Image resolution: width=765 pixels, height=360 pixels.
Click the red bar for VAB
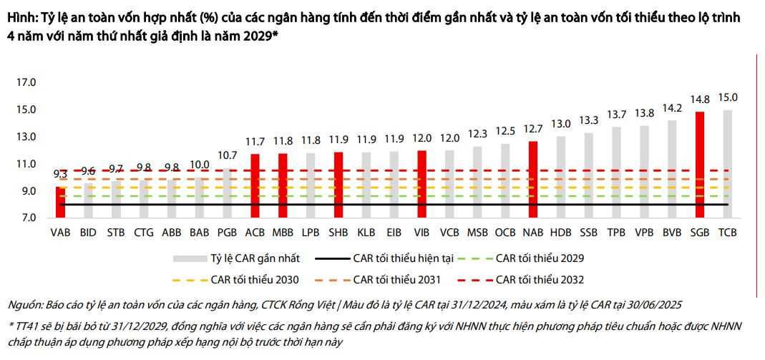click(60, 202)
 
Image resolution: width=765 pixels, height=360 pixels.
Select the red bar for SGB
click(700, 165)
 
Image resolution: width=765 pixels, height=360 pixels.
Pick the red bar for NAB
click(532, 179)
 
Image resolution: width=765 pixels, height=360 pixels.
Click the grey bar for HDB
click(560, 176)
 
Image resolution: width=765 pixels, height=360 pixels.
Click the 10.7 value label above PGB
click(227, 155)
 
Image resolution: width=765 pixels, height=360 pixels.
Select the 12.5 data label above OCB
click(505, 131)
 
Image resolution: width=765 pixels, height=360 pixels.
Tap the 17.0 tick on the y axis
click(26, 83)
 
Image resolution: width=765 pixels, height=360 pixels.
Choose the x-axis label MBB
click(282, 233)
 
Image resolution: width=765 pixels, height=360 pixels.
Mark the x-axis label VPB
click(644, 233)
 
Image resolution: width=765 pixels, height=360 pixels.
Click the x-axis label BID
click(88, 233)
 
